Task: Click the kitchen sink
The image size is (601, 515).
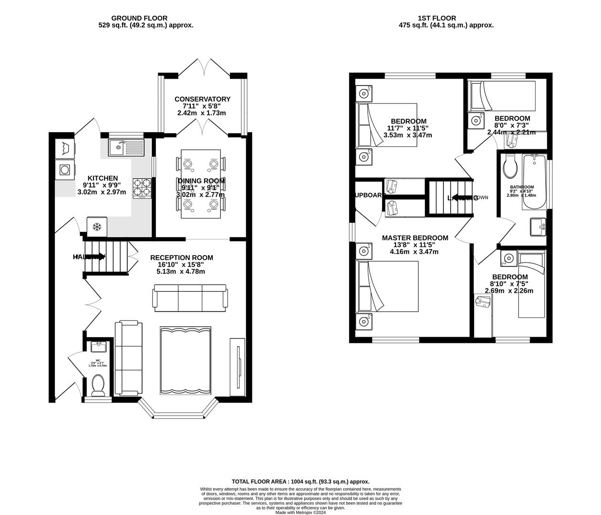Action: [x=126, y=147]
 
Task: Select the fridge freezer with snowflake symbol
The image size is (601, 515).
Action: [x=97, y=227]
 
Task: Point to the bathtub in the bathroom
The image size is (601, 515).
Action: [x=535, y=182]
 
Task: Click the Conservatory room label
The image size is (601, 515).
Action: [x=202, y=99]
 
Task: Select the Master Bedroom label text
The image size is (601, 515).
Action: [x=415, y=238]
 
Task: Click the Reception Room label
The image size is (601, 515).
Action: [x=181, y=257]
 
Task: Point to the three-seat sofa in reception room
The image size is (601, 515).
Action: [x=189, y=297]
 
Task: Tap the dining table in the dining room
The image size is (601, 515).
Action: [x=200, y=184]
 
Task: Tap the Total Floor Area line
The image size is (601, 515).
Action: [x=300, y=482]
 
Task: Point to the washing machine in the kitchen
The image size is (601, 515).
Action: [x=64, y=169]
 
